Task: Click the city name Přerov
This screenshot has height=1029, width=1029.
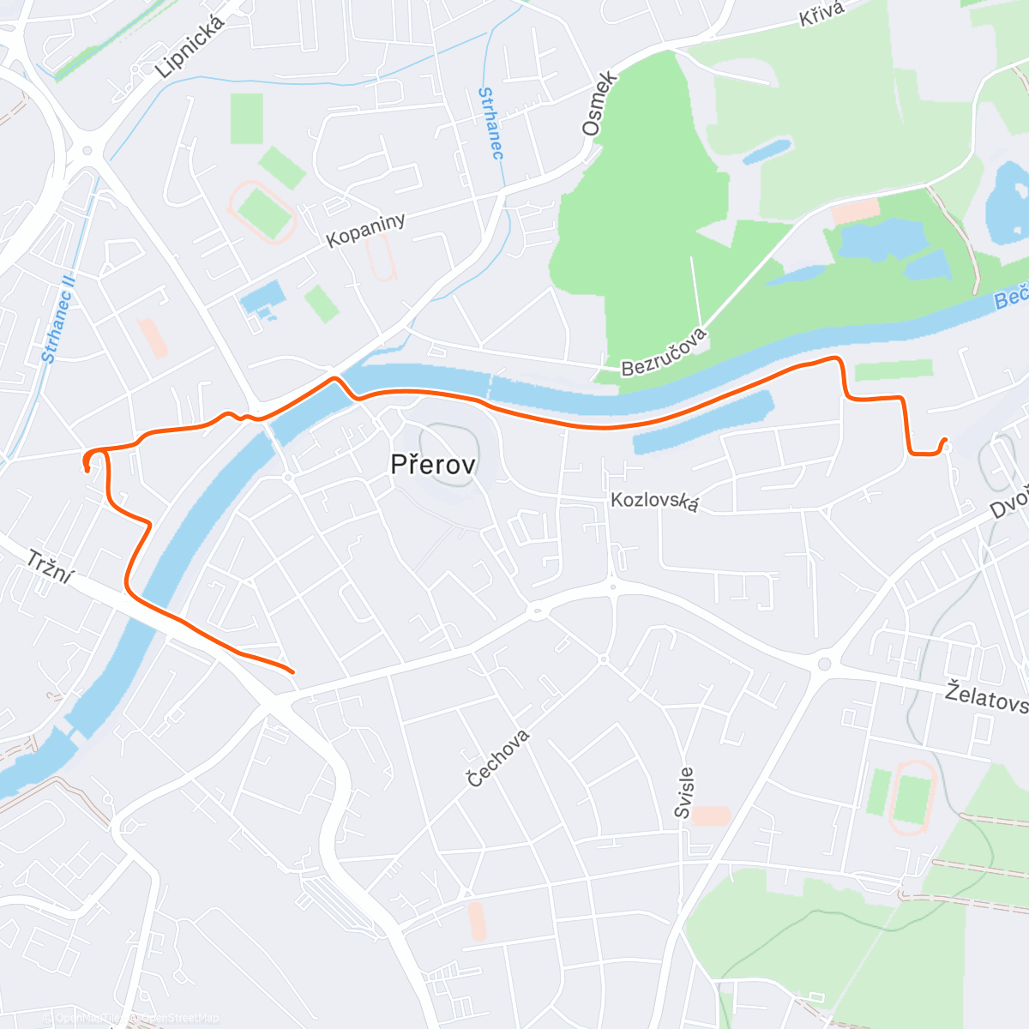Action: click(432, 465)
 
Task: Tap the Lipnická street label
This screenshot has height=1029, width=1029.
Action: click(190, 48)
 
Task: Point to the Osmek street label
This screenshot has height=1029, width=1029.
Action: click(599, 104)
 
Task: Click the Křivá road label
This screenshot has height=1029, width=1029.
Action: click(821, 15)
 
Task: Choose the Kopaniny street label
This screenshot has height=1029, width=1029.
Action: click(365, 230)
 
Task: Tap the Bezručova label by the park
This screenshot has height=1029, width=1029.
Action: click(665, 352)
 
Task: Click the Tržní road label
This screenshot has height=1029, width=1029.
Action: click(49, 568)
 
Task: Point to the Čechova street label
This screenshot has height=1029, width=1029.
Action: click(498, 758)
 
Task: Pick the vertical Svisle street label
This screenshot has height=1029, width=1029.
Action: click(683, 792)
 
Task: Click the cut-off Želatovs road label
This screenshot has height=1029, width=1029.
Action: click(986, 697)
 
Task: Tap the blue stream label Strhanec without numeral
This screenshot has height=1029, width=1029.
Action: click(490, 123)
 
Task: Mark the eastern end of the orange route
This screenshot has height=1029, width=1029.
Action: click(944, 441)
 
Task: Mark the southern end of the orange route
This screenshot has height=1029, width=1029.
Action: click(292, 671)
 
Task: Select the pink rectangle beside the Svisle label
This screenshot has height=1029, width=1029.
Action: click(711, 815)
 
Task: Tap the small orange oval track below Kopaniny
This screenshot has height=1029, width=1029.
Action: click(382, 256)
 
